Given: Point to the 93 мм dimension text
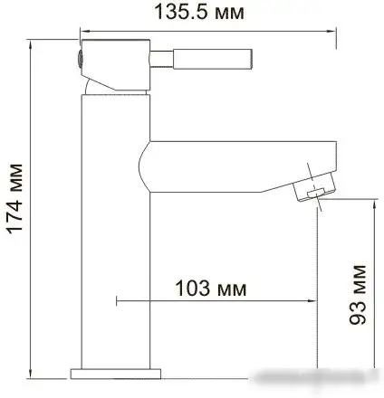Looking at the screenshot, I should click(359, 293).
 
